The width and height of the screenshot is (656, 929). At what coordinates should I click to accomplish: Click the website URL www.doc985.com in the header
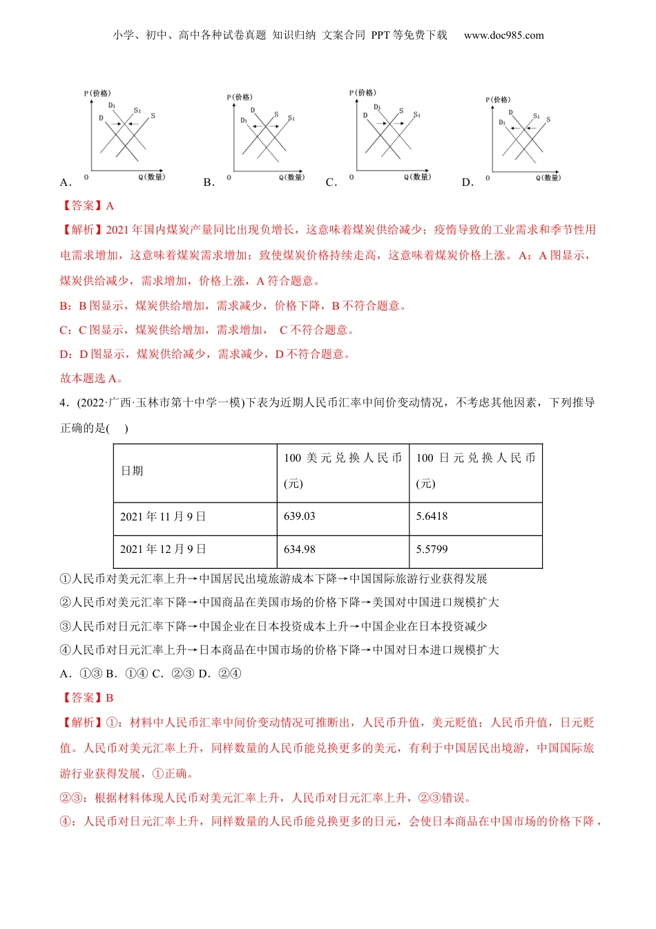pos(503,35)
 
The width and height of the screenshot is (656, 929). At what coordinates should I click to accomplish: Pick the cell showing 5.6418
pos(432,516)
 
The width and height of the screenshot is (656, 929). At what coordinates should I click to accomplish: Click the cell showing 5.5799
pos(432,550)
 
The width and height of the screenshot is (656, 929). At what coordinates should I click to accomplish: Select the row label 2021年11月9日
pos(163,516)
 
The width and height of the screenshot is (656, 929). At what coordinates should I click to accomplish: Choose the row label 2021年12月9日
pos(163,550)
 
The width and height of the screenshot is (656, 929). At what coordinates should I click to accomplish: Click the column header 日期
pos(132,471)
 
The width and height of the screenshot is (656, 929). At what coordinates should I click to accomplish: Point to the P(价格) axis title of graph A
pos(97,93)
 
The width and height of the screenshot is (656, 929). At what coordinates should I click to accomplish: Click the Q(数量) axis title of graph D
pos(548,178)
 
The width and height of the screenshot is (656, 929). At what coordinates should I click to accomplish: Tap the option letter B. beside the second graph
pos(209,182)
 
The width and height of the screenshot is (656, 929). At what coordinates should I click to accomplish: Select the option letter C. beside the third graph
pos(331,182)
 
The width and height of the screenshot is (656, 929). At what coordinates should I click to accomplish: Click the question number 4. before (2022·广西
pos(65,403)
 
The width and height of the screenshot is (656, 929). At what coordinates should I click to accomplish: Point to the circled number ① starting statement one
pos(66,579)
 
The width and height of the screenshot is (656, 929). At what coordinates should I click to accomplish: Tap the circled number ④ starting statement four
pos(66,650)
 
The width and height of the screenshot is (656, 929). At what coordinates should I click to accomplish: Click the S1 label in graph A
pos(137,110)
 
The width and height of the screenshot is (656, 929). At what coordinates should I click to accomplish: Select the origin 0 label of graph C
pos(351,178)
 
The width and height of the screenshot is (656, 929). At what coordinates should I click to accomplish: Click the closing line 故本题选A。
pos(92,378)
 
